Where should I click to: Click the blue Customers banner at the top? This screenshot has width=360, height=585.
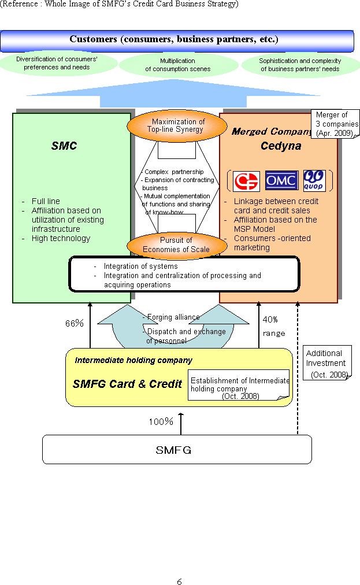[x=177, y=40]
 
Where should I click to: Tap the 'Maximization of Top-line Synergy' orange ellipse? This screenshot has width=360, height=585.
[x=177, y=126]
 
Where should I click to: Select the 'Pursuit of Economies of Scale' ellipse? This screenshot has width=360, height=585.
[x=177, y=245]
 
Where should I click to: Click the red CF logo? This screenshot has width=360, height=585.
[x=246, y=182]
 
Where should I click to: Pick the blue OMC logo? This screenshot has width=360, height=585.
[x=281, y=180]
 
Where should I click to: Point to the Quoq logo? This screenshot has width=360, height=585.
[x=314, y=180]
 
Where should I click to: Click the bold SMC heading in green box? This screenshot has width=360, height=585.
[x=64, y=146]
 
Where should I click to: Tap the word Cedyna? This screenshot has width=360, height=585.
[x=281, y=146]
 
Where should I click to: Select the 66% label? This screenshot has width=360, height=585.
[x=74, y=323]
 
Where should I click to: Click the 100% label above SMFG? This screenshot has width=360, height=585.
[x=161, y=421]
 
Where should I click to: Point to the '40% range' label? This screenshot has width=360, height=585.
[x=274, y=327]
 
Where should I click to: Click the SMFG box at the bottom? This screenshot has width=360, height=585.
[x=177, y=450]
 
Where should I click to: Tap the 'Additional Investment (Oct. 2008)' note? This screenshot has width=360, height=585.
[x=327, y=362]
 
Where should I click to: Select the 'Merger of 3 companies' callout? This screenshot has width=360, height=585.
[x=335, y=124]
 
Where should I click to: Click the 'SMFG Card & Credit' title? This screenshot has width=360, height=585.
[x=127, y=384]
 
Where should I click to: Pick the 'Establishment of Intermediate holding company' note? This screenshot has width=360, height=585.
[x=239, y=385]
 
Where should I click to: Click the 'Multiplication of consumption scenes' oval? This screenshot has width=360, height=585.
[x=179, y=65]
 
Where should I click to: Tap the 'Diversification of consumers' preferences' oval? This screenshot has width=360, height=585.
[x=57, y=63]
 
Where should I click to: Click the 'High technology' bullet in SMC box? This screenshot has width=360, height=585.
[x=61, y=238]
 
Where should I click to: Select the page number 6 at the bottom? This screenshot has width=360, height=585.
[x=180, y=582]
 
